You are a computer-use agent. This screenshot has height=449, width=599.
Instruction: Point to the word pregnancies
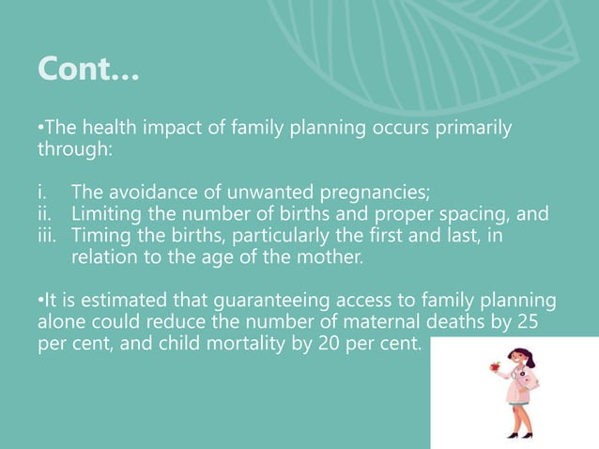pyautogui.click(x=375, y=194)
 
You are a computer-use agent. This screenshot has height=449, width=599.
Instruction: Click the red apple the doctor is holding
pyautogui.click(x=488, y=370)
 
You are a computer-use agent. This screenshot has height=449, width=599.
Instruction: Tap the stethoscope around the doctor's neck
pyautogui.click(x=523, y=379)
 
